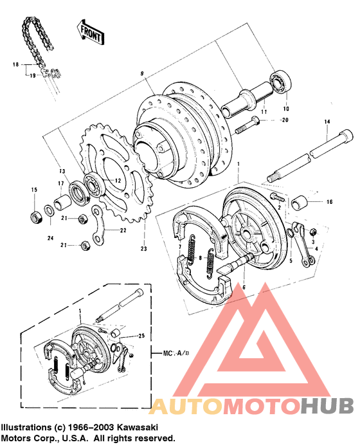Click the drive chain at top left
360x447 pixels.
tap(37, 39)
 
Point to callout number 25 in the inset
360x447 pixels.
tap(141, 336)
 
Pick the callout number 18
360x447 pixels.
tap(15, 65)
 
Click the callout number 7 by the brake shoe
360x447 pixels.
tap(180, 248)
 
